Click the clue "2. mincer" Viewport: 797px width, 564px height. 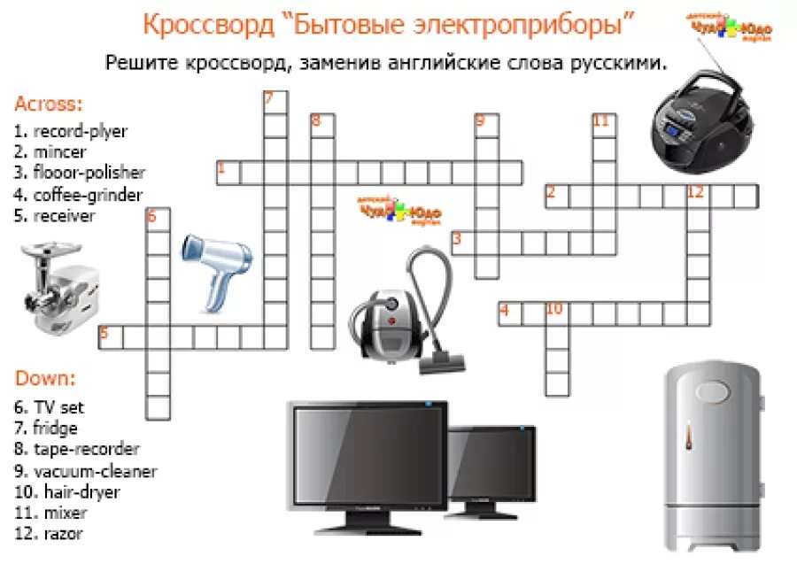[x=50, y=151]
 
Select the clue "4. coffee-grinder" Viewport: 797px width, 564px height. [x=78, y=194]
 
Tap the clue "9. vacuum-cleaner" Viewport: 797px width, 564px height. [x=85, y=470]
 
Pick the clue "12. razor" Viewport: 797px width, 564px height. [x=50, y=533]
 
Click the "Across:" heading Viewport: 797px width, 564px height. [x=48, y=104]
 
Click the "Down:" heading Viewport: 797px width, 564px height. [x=45, y=379]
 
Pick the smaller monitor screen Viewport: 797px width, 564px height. [x=491, y=465]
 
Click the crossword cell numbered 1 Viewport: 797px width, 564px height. [x=228, y=172]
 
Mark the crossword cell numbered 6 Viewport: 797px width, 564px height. [x=158, y=218]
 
